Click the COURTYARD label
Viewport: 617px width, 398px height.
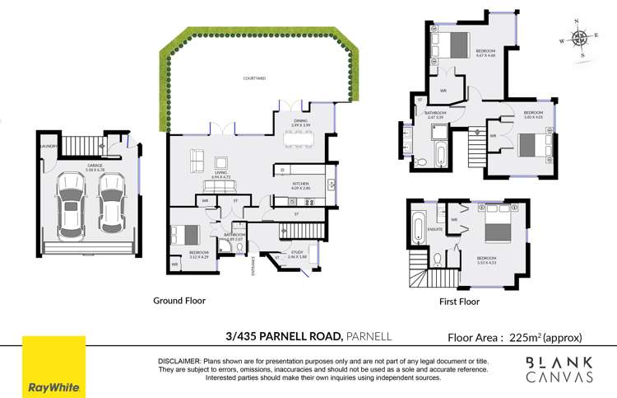(254, 78)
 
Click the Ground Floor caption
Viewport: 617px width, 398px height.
(179, 301)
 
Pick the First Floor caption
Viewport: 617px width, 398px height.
(459, 302)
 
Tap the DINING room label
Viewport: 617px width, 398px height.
(299, 121)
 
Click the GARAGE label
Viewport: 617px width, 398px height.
(95, 165)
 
